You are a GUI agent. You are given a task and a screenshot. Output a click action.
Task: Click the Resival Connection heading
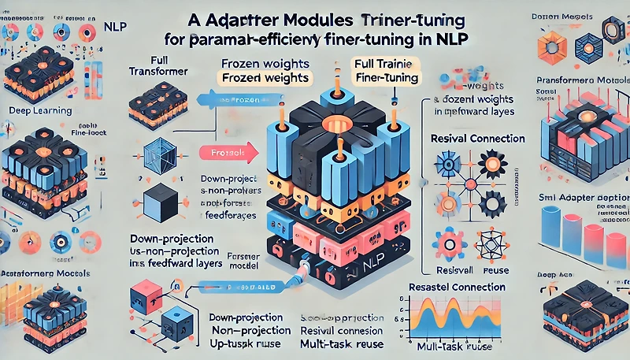[x=478, y=138]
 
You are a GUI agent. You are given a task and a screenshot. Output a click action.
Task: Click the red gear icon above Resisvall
[x=443, y=239]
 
